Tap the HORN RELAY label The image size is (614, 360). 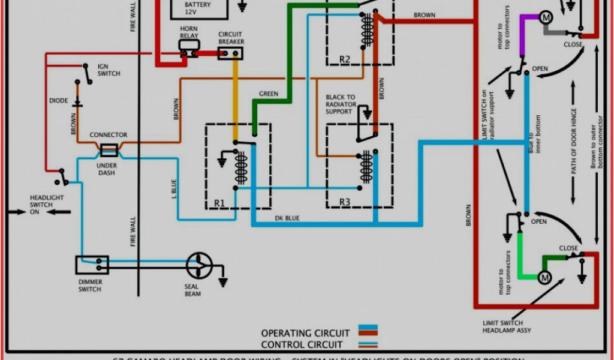[x=189, y=32]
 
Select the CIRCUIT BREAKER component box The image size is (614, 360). [x=230, y=54]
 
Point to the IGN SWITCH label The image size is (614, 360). [x=109, y=70]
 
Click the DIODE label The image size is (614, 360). [x=59, y=101]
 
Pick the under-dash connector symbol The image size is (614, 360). [x=109, y=149]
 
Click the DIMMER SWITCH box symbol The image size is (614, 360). [x=92, y=263]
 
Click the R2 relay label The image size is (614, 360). [x=345, y=59]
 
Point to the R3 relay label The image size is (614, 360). [x=345, y=202]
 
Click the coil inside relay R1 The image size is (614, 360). [x=241, y=168]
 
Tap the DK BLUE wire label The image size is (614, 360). [x=287, y=218]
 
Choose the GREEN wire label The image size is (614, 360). [x=269, y=94]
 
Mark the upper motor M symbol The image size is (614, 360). [x=546, y=17]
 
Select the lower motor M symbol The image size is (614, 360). [x=544, y=278]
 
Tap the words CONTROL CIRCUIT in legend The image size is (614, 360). [x=302, y=345]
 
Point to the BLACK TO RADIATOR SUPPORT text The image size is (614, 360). [x=341, y=104]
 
